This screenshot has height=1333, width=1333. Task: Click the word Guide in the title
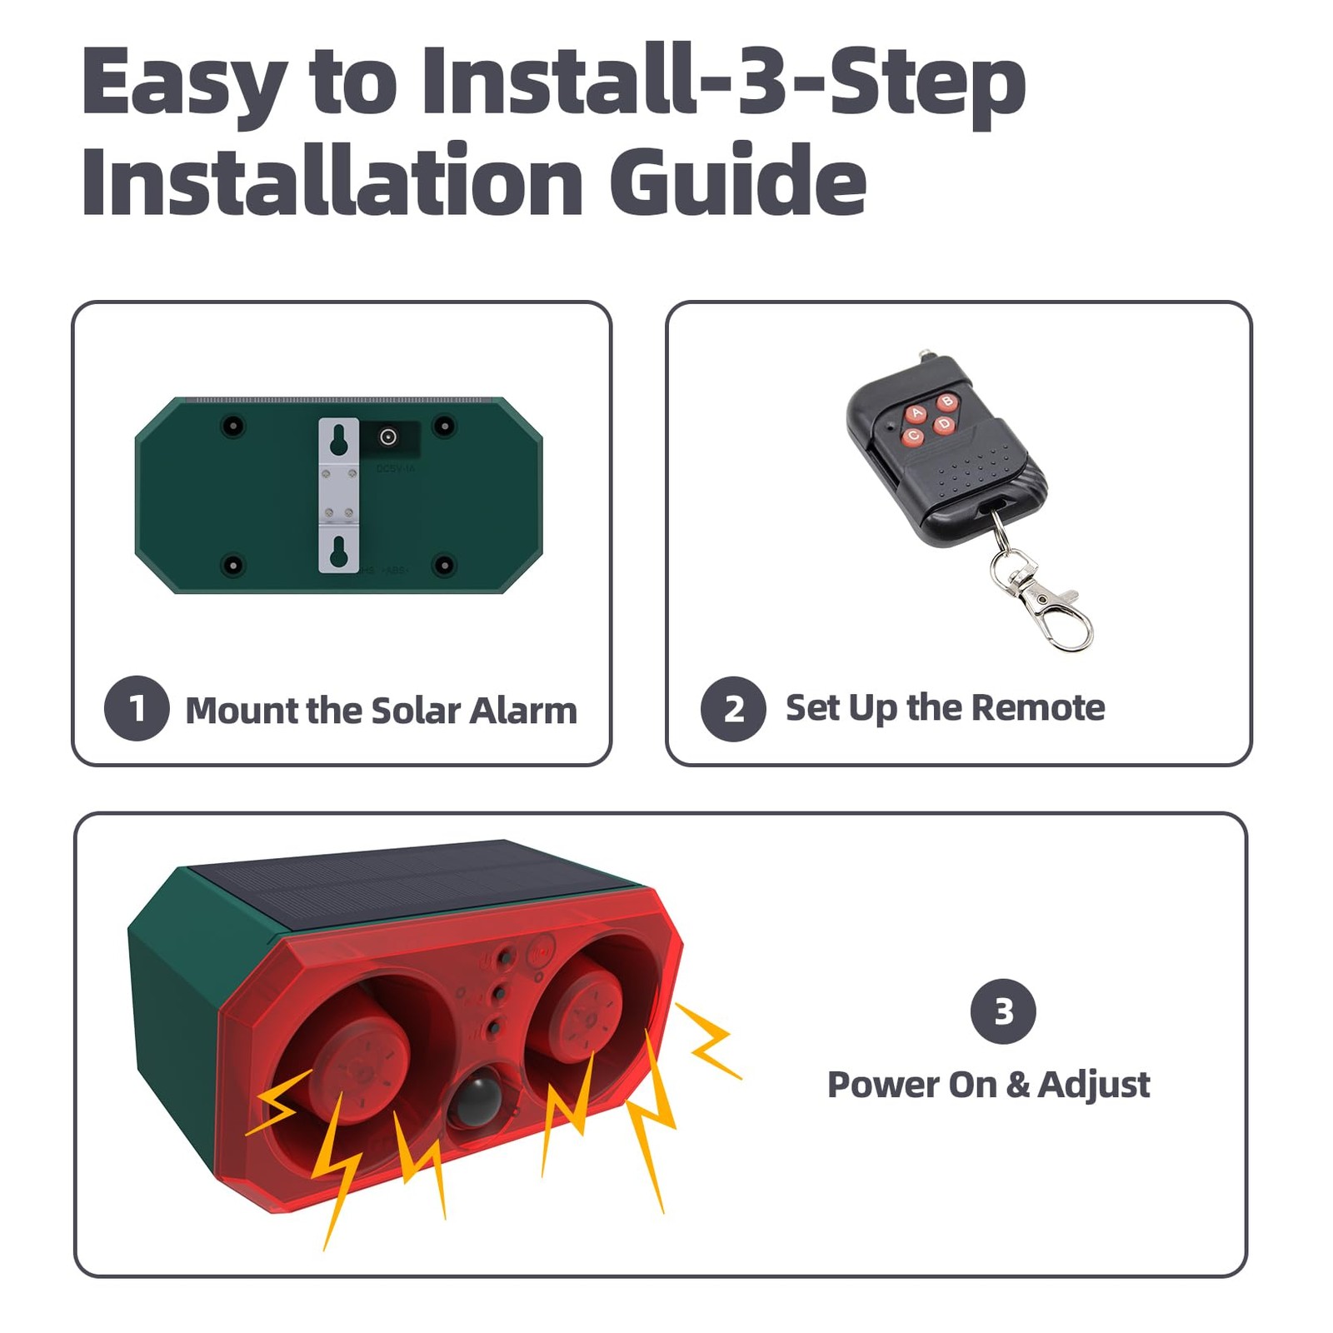click(738, 181)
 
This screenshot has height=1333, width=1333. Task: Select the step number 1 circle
click(137, 708)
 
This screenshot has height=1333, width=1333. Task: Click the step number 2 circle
click(733, 709)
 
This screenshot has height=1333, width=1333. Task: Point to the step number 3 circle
click(1003, 1011)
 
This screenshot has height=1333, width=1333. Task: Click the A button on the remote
click(917, 413)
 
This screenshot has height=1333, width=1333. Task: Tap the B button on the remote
click(947, 402)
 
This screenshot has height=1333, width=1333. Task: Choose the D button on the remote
click(944, 425)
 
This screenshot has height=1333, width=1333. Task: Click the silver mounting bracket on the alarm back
click(338, 495)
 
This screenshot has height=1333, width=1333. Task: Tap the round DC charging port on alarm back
click(387, 437)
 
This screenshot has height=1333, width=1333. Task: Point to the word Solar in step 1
click(415, 711)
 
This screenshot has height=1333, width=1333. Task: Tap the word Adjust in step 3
click(1094, 1086)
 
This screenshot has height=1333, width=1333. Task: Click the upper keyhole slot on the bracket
click(338, 442)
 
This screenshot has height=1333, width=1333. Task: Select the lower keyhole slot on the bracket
click(338, 552)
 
